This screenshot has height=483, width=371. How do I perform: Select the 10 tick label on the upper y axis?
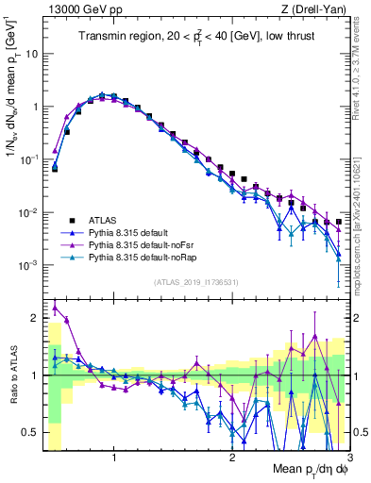click(x=34, y=54)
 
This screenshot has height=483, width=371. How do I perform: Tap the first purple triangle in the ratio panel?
click(x=55, y=308)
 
